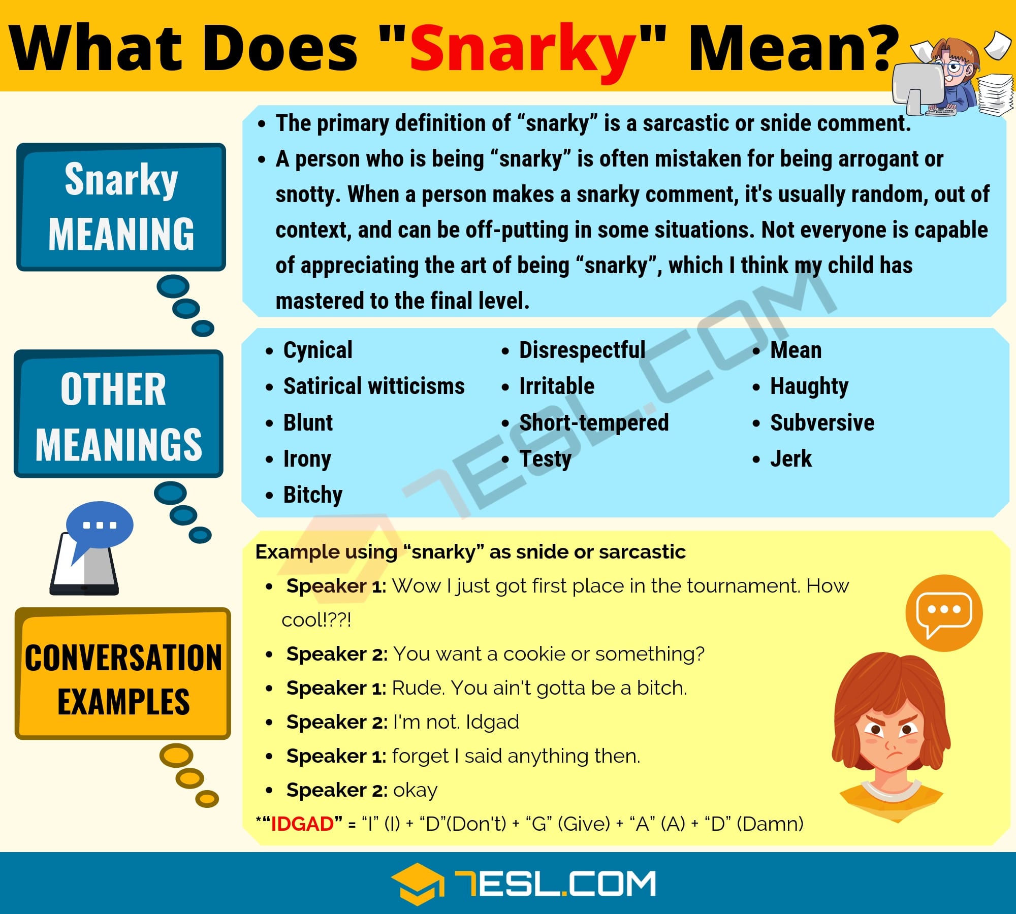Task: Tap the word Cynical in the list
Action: [x=317, y=350]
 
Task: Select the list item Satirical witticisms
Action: [x=374, y=386]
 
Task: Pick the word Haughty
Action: [x=809, y=386]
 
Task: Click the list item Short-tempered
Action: [x=594, y=422]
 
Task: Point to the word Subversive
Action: [x=822, y=422]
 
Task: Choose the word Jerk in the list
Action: [x=791, y=459]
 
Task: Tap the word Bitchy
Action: [x=313, y=495]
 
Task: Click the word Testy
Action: [x=545, y=459]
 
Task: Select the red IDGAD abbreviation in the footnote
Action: [x=302, y=824]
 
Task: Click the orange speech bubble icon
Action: [x=944, y=613]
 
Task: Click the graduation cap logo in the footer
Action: [x=417, y=884]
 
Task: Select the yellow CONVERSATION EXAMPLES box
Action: [x=123, y=673]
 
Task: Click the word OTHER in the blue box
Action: [x=113, y=389]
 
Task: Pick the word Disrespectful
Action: [x=582, y=350]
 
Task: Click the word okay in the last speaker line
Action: [x=415, y=791]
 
